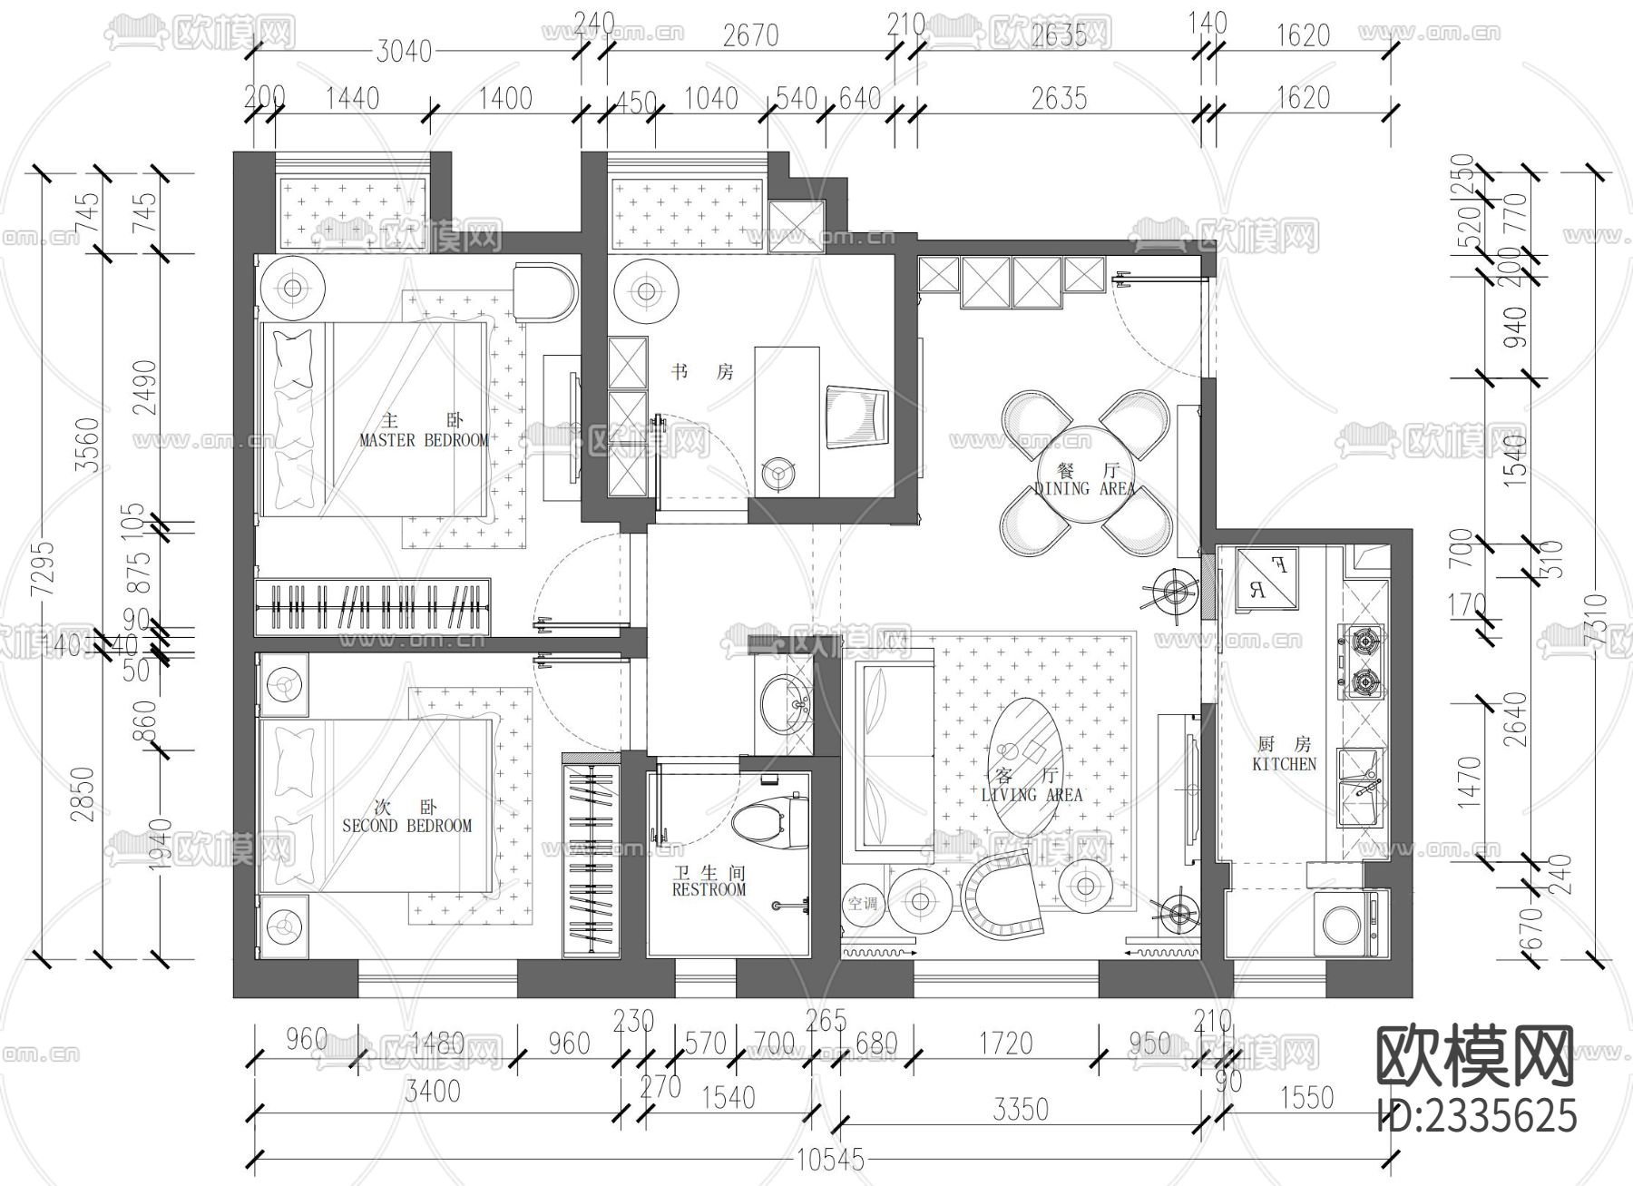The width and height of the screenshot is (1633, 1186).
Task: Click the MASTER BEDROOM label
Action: tap(424, 440)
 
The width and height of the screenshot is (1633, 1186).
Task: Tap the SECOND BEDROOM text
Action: tap(406, 826)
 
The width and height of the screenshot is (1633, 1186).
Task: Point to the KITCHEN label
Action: tap(1284, 764)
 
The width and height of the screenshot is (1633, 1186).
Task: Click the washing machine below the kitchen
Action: tap(1349, 926)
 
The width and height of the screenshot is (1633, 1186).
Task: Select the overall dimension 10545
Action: tap(829, 1160)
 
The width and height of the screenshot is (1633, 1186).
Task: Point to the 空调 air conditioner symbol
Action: tap(861, 903)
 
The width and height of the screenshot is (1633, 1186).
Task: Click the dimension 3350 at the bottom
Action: tap(1021, 1108)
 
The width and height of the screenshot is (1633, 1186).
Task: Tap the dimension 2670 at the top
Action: tap(750, 35)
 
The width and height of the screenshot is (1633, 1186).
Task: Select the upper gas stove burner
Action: tap(1362, 641)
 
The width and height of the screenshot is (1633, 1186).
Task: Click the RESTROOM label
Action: tap(709, 889)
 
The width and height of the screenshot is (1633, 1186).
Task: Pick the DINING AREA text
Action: tap(1085, 488)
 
